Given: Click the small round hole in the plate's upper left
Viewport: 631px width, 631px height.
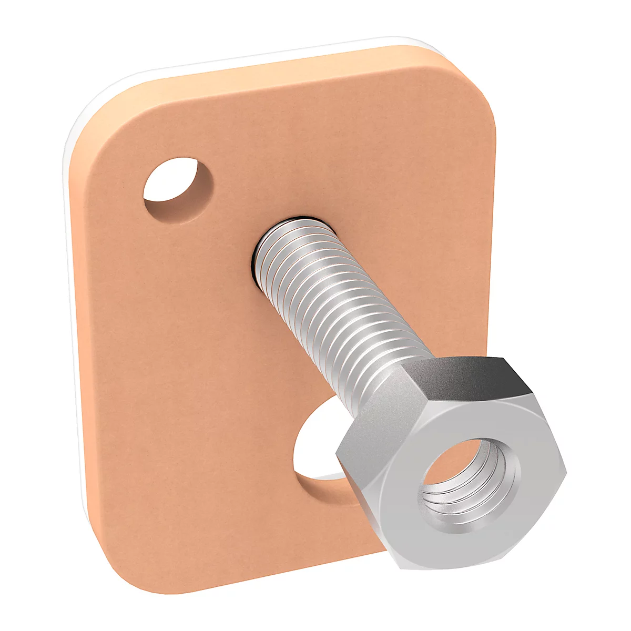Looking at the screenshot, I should (178, 184).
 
